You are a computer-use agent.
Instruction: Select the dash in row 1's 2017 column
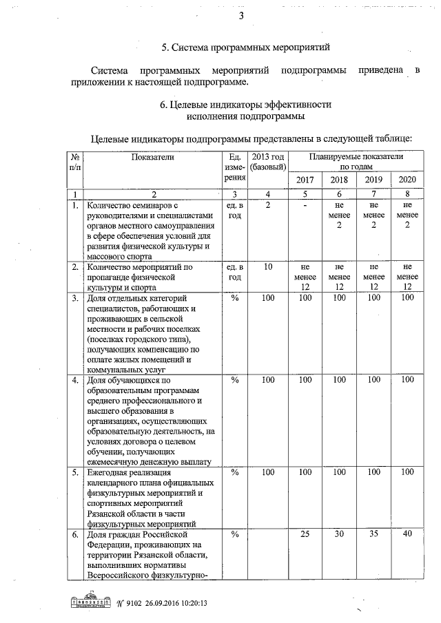[x=304, y=205]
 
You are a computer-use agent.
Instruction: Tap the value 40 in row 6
[x=408, y=534]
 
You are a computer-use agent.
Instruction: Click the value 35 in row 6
[x=373, y=534]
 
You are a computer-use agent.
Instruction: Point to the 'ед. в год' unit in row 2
[x=234, y=272]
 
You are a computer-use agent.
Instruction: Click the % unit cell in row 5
[x=234, y=472]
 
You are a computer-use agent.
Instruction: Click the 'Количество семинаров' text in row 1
[x=131, y=205]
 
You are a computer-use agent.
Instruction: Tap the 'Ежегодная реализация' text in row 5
[x=131, y=472]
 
